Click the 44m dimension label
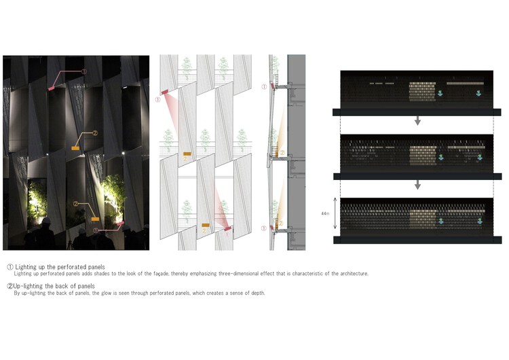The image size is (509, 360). click(325, 213)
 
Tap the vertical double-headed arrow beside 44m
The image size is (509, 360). click(335, 213)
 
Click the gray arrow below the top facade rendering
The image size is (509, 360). click(418, 120)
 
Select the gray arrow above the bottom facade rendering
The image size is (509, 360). click(418, 185)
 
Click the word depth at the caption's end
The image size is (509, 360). click(258, 293)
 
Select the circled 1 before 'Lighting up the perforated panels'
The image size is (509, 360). click(10, 267)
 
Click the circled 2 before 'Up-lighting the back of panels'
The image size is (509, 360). click(10, 286)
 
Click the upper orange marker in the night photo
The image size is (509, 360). click(75, 148)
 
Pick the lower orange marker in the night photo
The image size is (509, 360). click(95, 219)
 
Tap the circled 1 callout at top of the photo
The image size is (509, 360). click(83, 71)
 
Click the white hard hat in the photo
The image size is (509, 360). click(46, 221)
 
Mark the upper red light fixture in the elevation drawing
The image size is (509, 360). click(165, 92)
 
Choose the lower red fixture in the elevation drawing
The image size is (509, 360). click(228, 229)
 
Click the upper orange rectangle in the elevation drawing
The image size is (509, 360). click(187, 154)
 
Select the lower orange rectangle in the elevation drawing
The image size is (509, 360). click(206, 225)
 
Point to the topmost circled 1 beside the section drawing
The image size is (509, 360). click(264, 87)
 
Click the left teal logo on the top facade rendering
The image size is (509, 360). click(440, 93)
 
